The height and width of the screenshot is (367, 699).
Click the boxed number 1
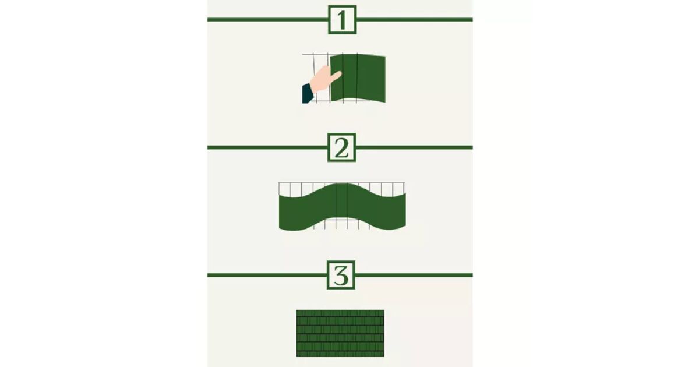pyautogui.click(x=343, y=20)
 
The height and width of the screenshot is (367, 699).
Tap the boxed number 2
pyautogui.click(x=342, y=147)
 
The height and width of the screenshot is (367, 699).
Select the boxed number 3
pyautogui.click(x=341, y=275)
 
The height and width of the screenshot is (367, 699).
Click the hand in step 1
pyautogui.click(x=325, y=79)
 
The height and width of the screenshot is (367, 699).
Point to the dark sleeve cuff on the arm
pyautogui.click(x=308, y=93)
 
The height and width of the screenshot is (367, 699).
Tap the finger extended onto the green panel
pyautogui.click(x=336, y=76)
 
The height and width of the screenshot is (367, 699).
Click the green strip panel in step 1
pyautogui.click(x=358, y=78)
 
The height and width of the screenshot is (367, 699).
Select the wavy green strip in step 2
pyautogui.click(x=343, y=207)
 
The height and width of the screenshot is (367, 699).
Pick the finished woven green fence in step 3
pyautogui.click(x=340, y=333)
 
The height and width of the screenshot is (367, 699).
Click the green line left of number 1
pyautogui.click(x=268, y=20)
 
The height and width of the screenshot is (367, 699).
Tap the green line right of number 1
pyautogui.click(x=414, y=20)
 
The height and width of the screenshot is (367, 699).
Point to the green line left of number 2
pyautogui.click(x=267, y=147)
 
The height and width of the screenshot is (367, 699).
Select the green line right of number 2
pyautogui.click(x=414, y=147)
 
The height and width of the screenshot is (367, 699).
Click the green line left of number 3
pyautogui.click(x=267, y=275)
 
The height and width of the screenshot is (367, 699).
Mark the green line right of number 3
pyautogui.click(x=414, y=275)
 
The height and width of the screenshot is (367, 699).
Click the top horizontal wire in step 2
pyautogui.click(x=342, y=182)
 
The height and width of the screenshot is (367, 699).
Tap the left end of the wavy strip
pyautogui.click(x=279, y=213)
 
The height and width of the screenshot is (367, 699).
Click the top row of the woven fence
pyautogui.click(x=340, y=313)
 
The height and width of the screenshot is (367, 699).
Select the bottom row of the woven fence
pyautogui.click(x=340, y=354)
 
